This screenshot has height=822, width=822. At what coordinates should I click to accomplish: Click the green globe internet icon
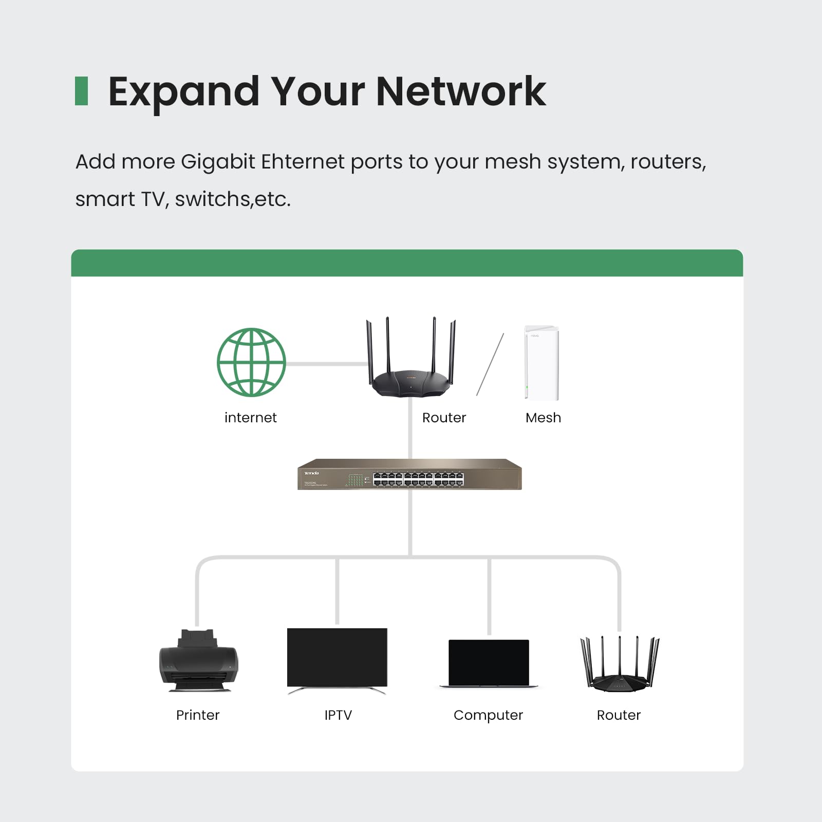[251, 362]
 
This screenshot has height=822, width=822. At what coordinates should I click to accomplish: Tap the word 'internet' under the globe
[250, 418]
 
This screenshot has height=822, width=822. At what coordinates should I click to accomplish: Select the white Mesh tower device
[541, 362]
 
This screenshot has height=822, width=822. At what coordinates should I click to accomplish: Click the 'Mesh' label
[543, 418]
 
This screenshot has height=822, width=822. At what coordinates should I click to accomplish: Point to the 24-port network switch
[409, 474]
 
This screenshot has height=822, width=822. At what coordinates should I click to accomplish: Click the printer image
[198, 661]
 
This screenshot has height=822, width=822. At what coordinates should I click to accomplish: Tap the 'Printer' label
[198, 715]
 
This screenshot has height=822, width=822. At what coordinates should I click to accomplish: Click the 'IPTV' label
[338, 715]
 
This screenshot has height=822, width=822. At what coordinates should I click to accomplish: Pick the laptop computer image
[489, 663]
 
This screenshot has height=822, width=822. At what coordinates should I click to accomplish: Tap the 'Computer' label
[488, 715]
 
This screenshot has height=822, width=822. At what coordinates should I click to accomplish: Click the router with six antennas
[620, 666]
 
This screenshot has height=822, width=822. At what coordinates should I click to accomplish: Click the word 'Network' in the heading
[461, 91]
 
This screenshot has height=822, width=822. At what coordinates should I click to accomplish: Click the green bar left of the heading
[81, 91]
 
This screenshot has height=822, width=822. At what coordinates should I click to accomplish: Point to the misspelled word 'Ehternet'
[303, 162]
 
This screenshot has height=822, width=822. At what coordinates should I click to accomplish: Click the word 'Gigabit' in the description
[218, 162]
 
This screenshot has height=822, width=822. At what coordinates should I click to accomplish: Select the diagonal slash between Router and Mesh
[490, 364]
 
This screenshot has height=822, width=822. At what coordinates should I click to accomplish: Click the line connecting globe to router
[327, 364]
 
